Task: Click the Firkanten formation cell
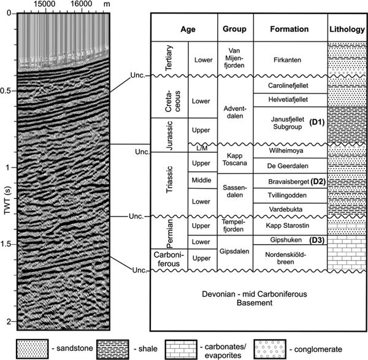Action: pos(289,58)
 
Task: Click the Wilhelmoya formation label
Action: pos(289,150)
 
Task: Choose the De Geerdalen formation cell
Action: pos(289,166)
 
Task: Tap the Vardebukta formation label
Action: pos(289,209)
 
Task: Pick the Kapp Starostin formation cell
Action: pos(289,225)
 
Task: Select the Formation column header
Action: pos(289,28)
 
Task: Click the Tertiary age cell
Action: pos(169,58)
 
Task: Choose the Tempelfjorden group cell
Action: pos(235,225)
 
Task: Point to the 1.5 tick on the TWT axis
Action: pos(7,245)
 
